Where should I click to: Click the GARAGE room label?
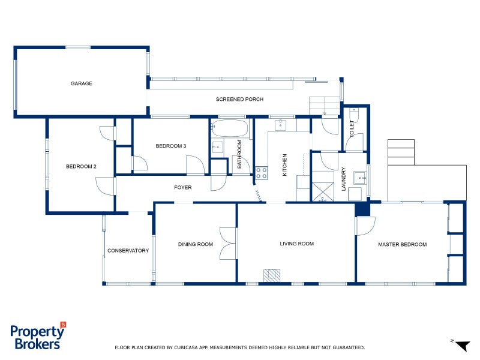pos(82,83)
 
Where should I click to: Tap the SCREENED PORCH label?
pos(239,99)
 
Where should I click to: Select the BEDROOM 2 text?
pos(81,166)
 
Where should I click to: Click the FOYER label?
pos(183,188)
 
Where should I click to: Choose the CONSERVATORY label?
pos(128,251)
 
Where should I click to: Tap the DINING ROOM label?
pos(196,244)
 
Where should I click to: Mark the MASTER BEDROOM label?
pos(402,244)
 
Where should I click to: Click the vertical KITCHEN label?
pos(286,165)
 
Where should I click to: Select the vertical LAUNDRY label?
pos(344,179)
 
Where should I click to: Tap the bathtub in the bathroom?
pos(230,128)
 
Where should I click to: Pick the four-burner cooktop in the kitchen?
pos(262,173)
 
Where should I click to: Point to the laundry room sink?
pos(360,177)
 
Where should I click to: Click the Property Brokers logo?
pos(37,337)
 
